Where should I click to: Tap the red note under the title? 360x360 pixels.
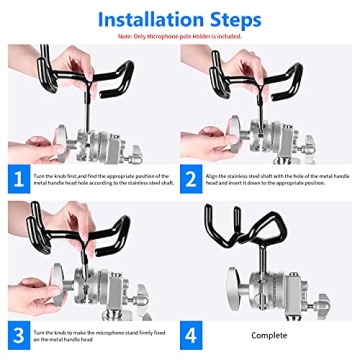pyautogui.click(x=180, y=39)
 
